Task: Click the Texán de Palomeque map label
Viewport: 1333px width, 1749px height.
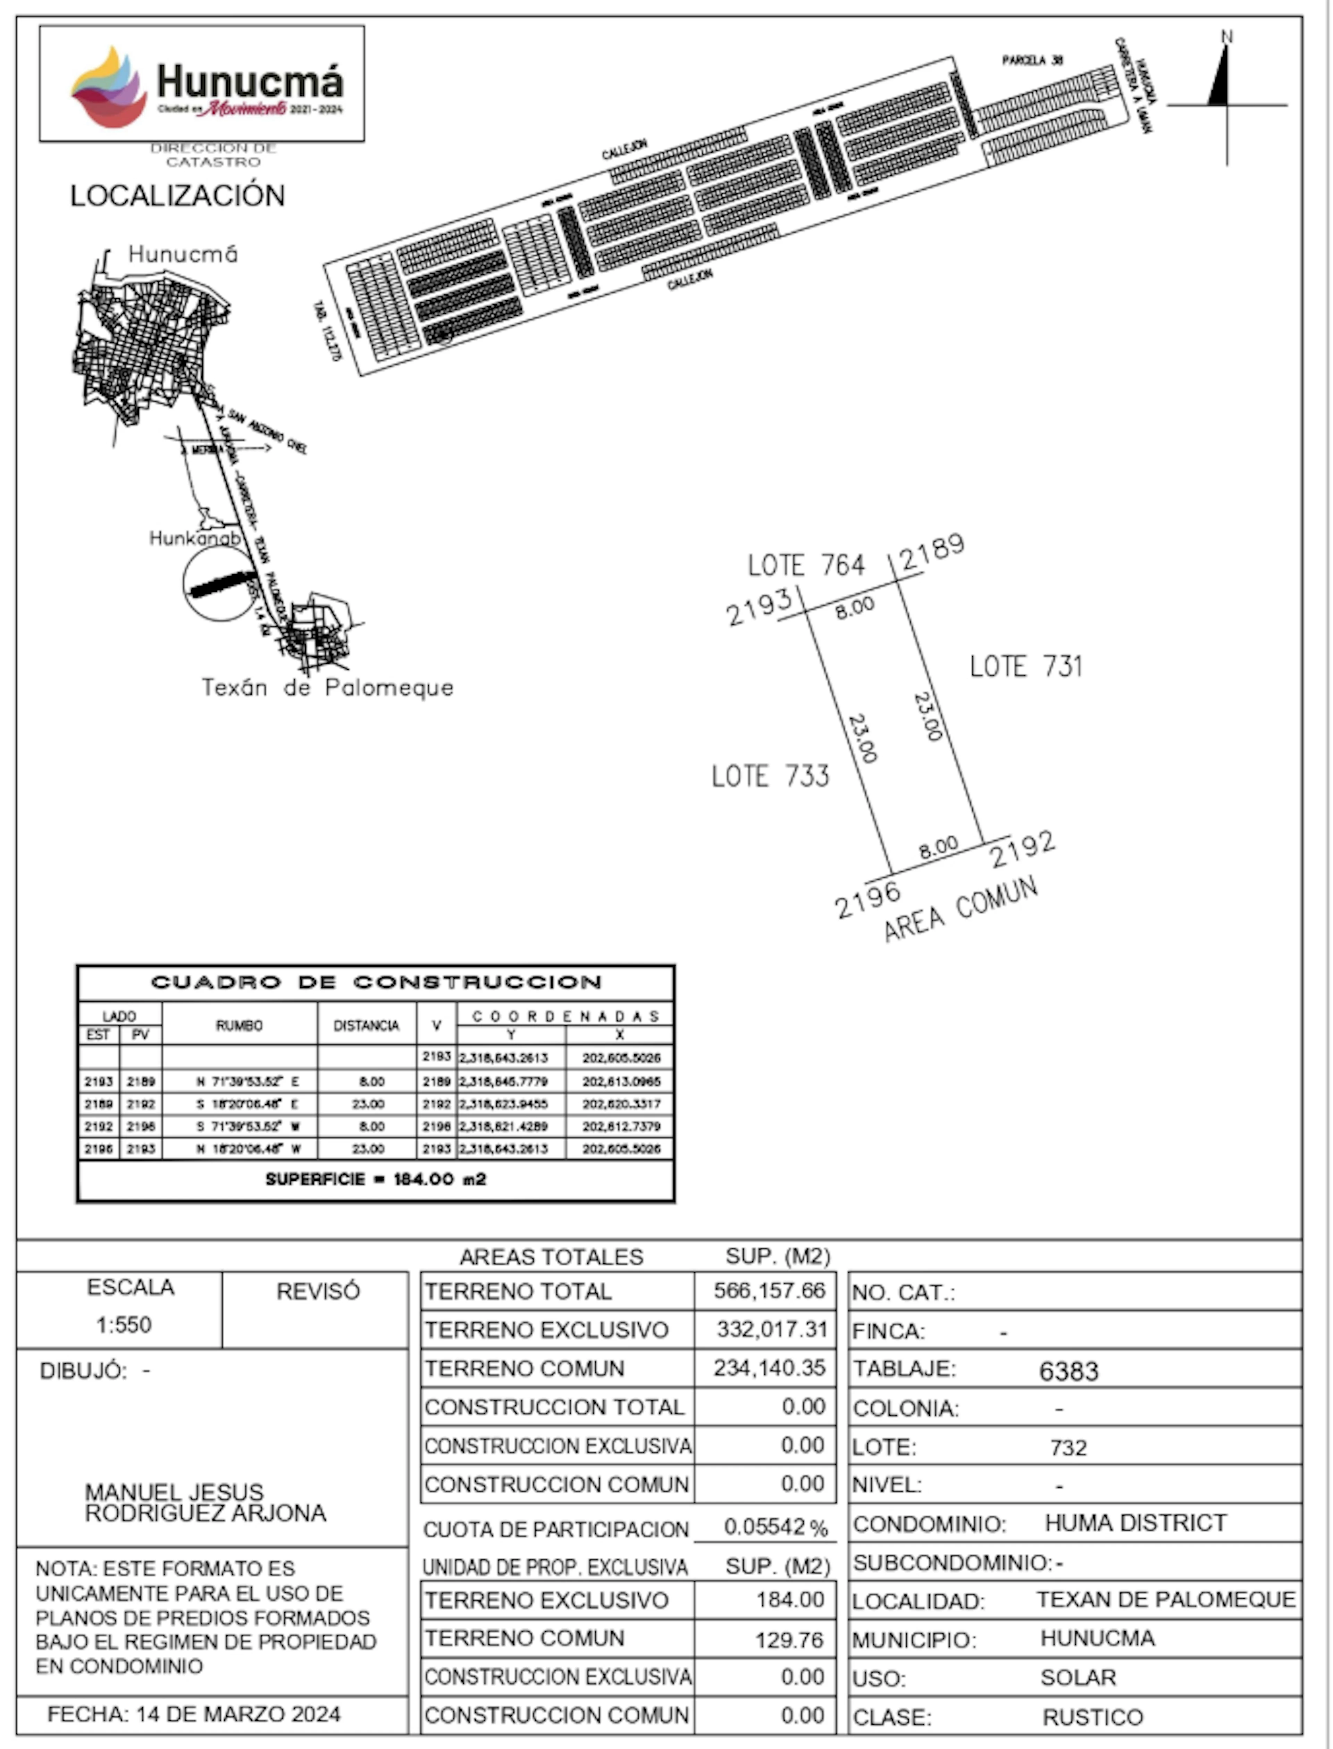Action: tap(327, 687)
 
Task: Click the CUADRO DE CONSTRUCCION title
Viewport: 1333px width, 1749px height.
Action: tap(376, 982)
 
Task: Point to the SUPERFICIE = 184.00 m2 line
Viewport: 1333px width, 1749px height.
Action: tap(376, 1179)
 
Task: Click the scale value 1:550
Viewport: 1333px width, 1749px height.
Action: tap(124, 1324)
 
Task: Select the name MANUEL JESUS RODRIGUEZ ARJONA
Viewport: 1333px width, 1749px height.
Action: tap(205, 1502)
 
